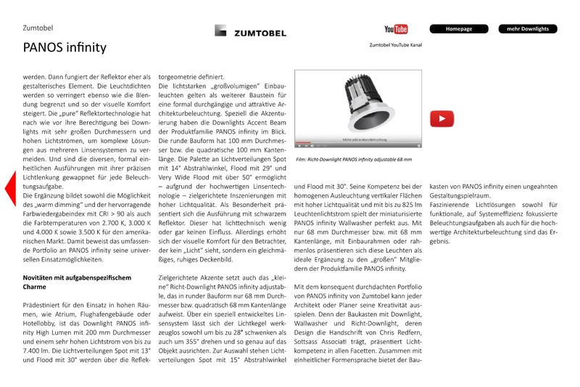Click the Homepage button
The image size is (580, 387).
tap(459, 29)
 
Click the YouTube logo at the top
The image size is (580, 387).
tap(396, 29)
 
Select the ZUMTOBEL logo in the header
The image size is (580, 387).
tap(245, 30)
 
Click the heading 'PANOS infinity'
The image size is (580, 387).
tap(65, 48)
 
